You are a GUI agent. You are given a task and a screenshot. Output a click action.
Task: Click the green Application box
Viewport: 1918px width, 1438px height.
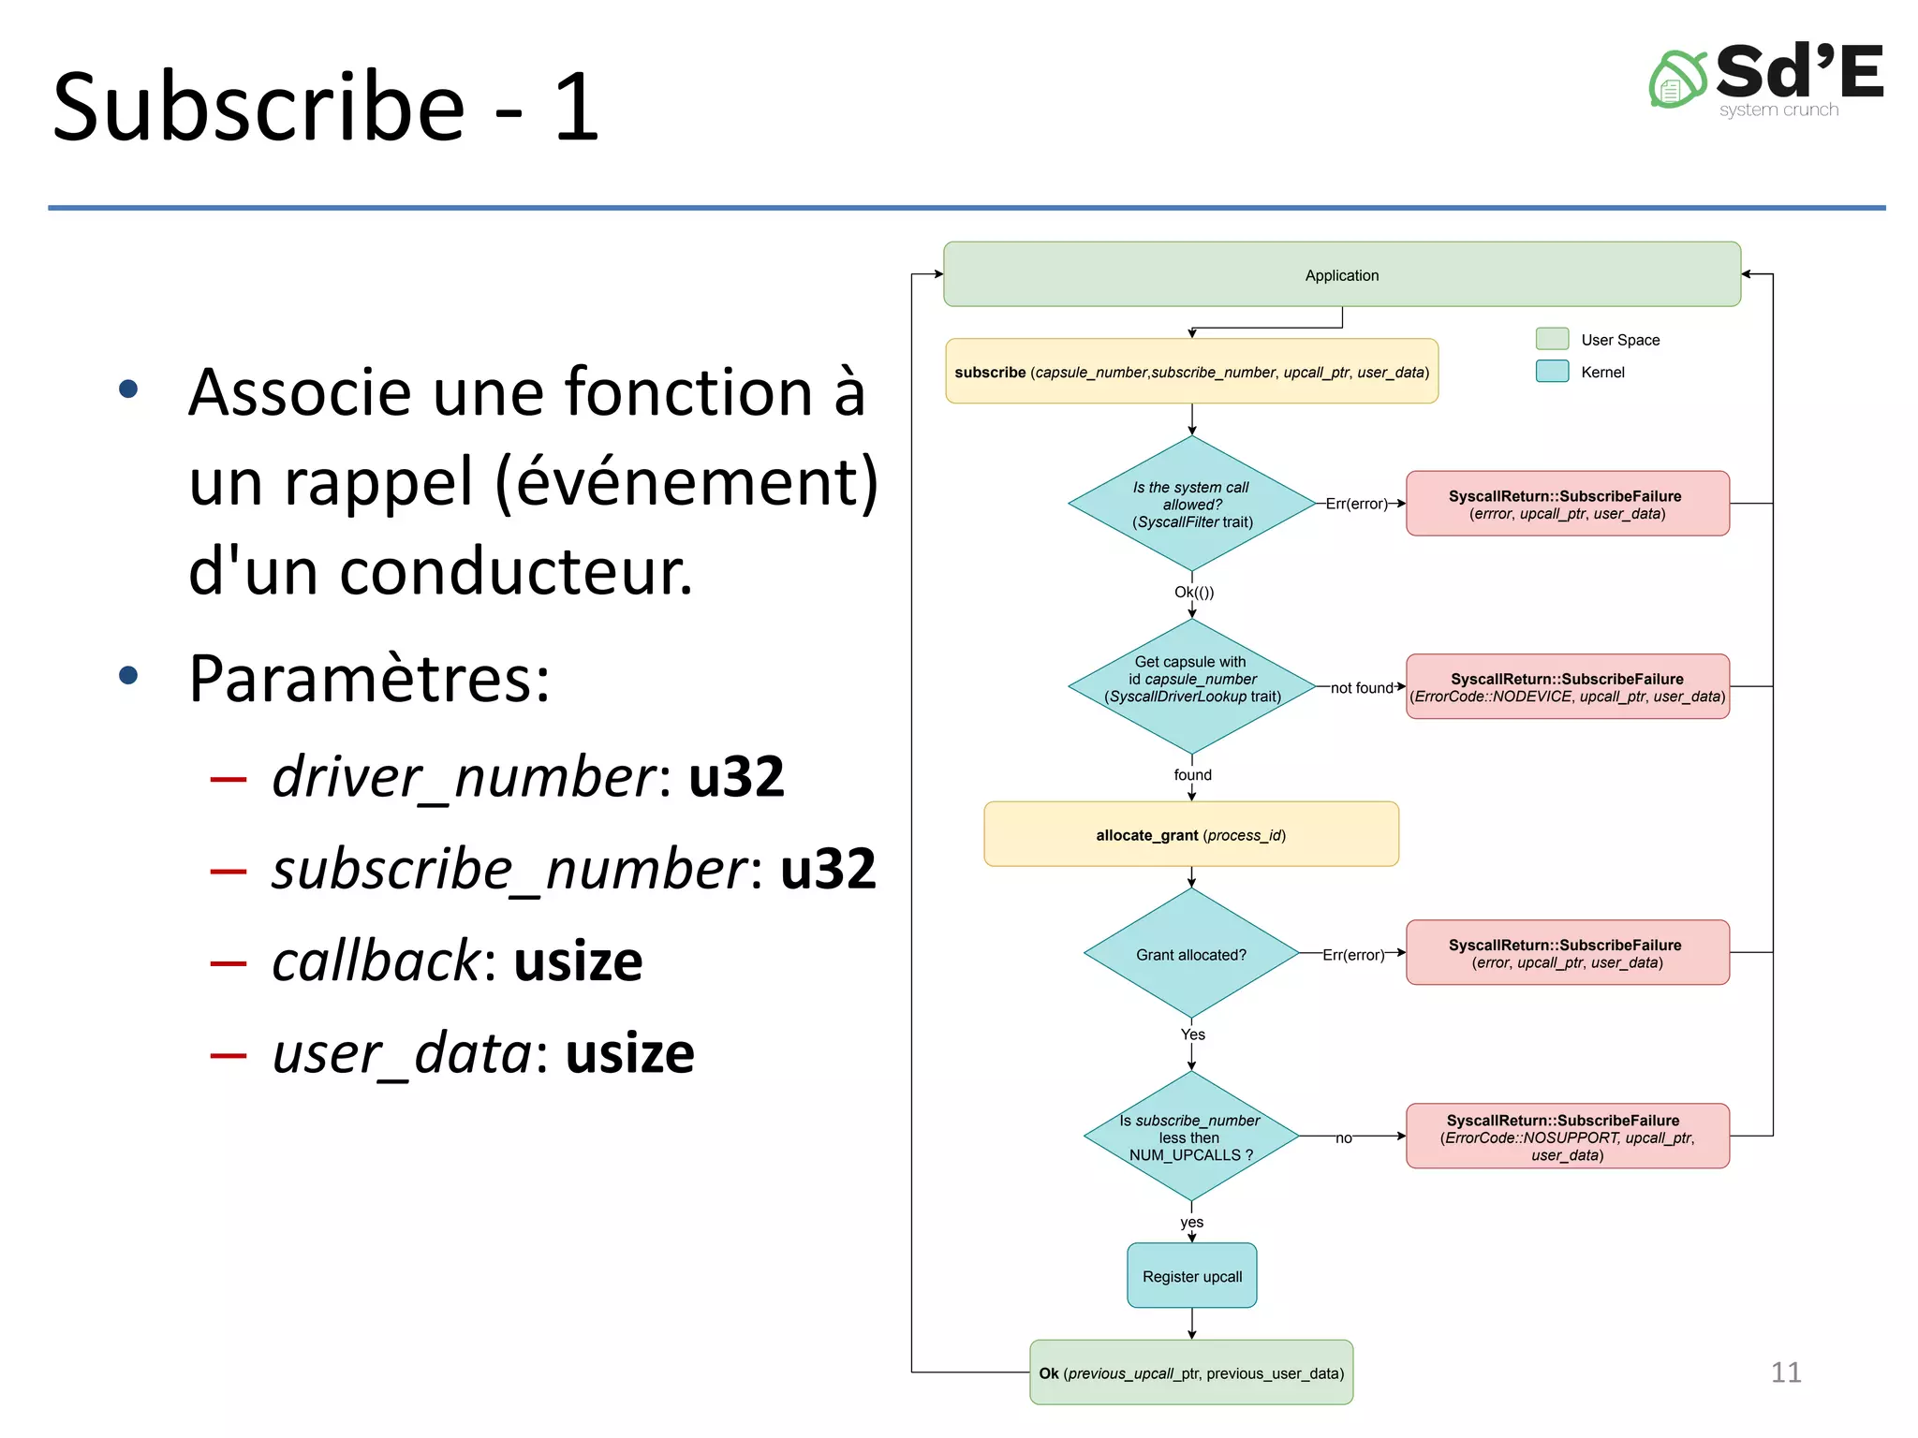point(1341,274)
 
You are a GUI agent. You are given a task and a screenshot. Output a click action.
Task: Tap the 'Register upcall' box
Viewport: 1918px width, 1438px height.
point(1191,1276)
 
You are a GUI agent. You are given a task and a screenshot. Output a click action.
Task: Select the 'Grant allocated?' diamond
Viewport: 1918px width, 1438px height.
point(1191,954)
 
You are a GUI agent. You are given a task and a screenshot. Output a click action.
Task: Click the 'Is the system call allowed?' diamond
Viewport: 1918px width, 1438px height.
point(1191,504)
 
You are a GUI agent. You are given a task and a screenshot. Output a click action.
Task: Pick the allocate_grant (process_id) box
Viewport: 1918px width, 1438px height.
point(1191,834)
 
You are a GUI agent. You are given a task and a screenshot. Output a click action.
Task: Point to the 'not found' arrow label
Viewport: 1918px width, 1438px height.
point(1362,688)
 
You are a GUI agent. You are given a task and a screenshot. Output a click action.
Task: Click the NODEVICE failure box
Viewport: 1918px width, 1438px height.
point(1567,687)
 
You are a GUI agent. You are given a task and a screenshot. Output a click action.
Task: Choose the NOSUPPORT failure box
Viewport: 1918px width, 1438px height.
point(1567,1137)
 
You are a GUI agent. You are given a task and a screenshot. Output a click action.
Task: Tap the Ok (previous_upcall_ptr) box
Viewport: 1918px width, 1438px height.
point(1191,1372)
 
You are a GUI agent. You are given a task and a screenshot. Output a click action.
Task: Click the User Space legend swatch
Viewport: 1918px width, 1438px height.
point(1552,339)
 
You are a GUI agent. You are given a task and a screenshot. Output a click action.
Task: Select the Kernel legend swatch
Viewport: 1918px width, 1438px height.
point(1552,372)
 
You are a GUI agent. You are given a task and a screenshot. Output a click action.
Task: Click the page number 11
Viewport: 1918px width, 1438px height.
point(1786,1372)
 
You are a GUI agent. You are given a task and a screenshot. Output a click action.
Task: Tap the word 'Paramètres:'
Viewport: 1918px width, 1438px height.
point(369,678)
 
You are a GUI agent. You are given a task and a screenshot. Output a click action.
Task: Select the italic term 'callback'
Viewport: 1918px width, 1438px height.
point(376,961)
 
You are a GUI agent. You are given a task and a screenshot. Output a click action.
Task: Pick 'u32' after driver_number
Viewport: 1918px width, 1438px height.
point(736,777)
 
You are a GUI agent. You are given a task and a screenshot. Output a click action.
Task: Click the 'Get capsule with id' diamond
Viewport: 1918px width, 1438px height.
point(1191,686)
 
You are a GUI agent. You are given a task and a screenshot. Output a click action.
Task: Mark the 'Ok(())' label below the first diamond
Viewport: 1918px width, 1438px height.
point(1194,592)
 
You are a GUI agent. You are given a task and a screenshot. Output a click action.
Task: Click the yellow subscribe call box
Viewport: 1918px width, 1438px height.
point(1191,372)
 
